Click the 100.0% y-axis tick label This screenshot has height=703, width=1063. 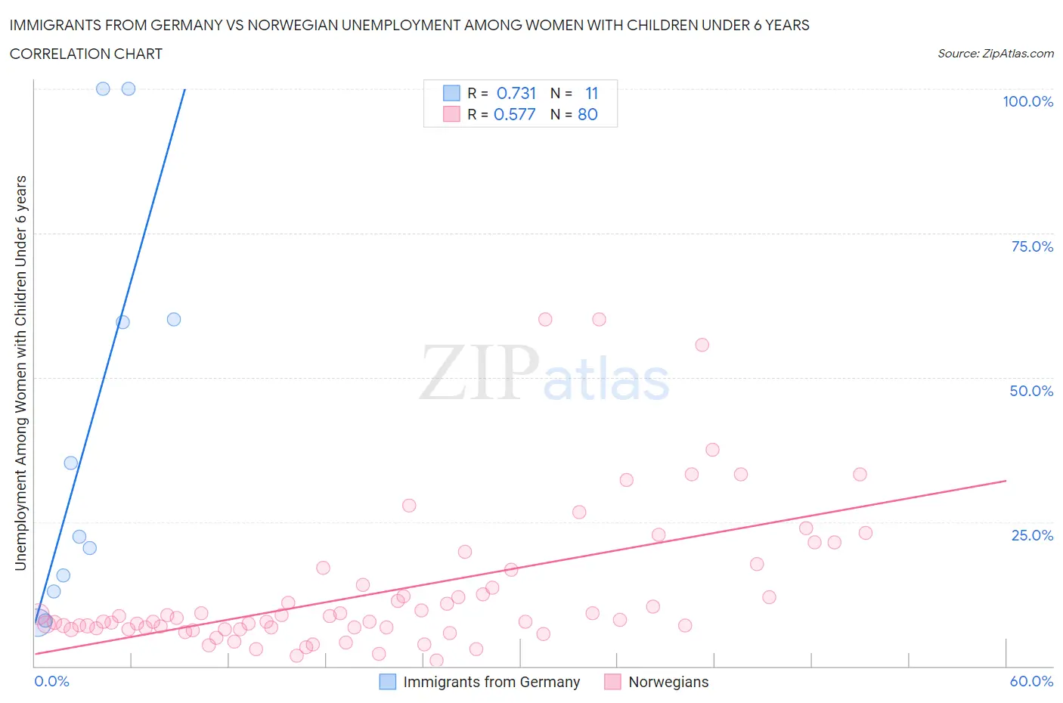point(1027,101)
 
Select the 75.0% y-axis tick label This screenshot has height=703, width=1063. point(1032,246)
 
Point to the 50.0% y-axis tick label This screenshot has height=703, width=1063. point(1031,391)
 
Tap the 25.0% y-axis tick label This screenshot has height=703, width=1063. point(1032,535)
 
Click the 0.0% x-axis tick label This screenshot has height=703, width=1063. point(51,681)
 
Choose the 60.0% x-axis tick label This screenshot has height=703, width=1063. point(1031,681)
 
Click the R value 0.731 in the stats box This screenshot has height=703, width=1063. point(516,93)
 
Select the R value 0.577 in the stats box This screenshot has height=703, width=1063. point(514,114)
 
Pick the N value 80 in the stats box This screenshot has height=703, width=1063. point(587,114)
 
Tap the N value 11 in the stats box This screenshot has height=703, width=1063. point(591,93)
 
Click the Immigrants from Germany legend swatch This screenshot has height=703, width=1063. point(387,682)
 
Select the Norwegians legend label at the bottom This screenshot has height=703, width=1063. point(668,682)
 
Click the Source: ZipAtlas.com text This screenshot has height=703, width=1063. point(995,53)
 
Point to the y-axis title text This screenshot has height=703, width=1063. point(20,373)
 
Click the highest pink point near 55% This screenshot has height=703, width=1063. point(702,345)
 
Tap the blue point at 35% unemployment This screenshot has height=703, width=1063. point(71,463)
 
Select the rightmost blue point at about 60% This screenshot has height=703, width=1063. point(174,319)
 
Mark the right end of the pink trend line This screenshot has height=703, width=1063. point(1006,481)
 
